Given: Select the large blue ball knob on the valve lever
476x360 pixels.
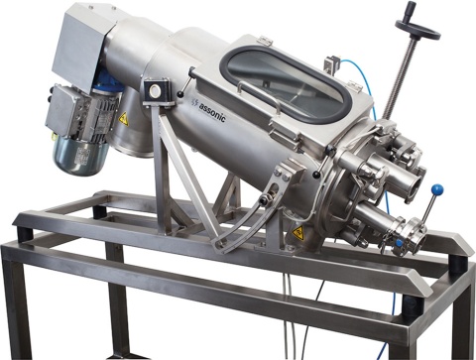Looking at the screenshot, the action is click(437, 189).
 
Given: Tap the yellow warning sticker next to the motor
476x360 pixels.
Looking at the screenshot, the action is click(124, 119).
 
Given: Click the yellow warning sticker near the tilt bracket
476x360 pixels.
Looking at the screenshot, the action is click(298, 233).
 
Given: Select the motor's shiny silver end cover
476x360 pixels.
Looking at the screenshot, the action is click(82, 155).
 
